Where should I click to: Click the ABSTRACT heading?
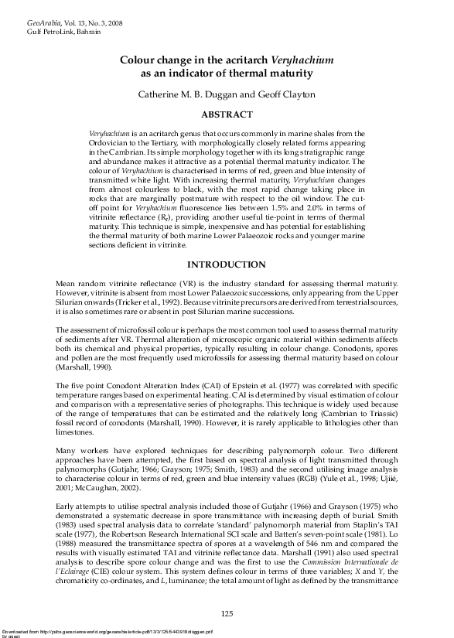227,114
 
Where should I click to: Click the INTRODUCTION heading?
227,264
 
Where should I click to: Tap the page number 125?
227,613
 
